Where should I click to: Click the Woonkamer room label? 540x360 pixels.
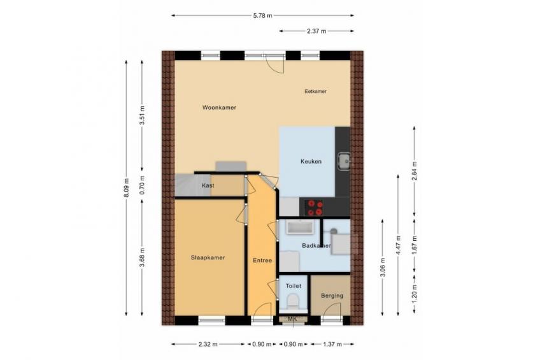(219, 108)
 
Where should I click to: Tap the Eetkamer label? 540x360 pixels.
(315, 91)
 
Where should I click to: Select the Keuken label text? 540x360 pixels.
(311, 161)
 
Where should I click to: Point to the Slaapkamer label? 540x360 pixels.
(208, 257)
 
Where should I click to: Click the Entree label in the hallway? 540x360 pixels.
(262, 261)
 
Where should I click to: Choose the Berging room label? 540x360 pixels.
(332, 296)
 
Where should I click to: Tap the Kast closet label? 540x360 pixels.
(208, 185)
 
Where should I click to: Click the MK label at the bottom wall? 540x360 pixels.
(292, 319)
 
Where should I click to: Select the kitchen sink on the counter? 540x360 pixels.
(344, 161)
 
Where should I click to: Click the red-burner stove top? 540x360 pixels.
(315, 208)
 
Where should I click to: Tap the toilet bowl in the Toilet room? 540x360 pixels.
(293, 301)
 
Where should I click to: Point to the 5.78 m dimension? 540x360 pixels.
(263, 15)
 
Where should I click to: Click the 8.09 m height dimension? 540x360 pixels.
(126, 188)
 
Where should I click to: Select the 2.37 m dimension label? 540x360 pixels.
(316, 31)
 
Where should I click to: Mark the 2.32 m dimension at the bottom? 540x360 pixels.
(208, 344)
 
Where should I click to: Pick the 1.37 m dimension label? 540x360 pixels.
(332, 344)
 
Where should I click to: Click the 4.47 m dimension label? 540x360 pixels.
(399, 245)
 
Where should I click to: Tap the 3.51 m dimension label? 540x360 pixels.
(142, 116)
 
